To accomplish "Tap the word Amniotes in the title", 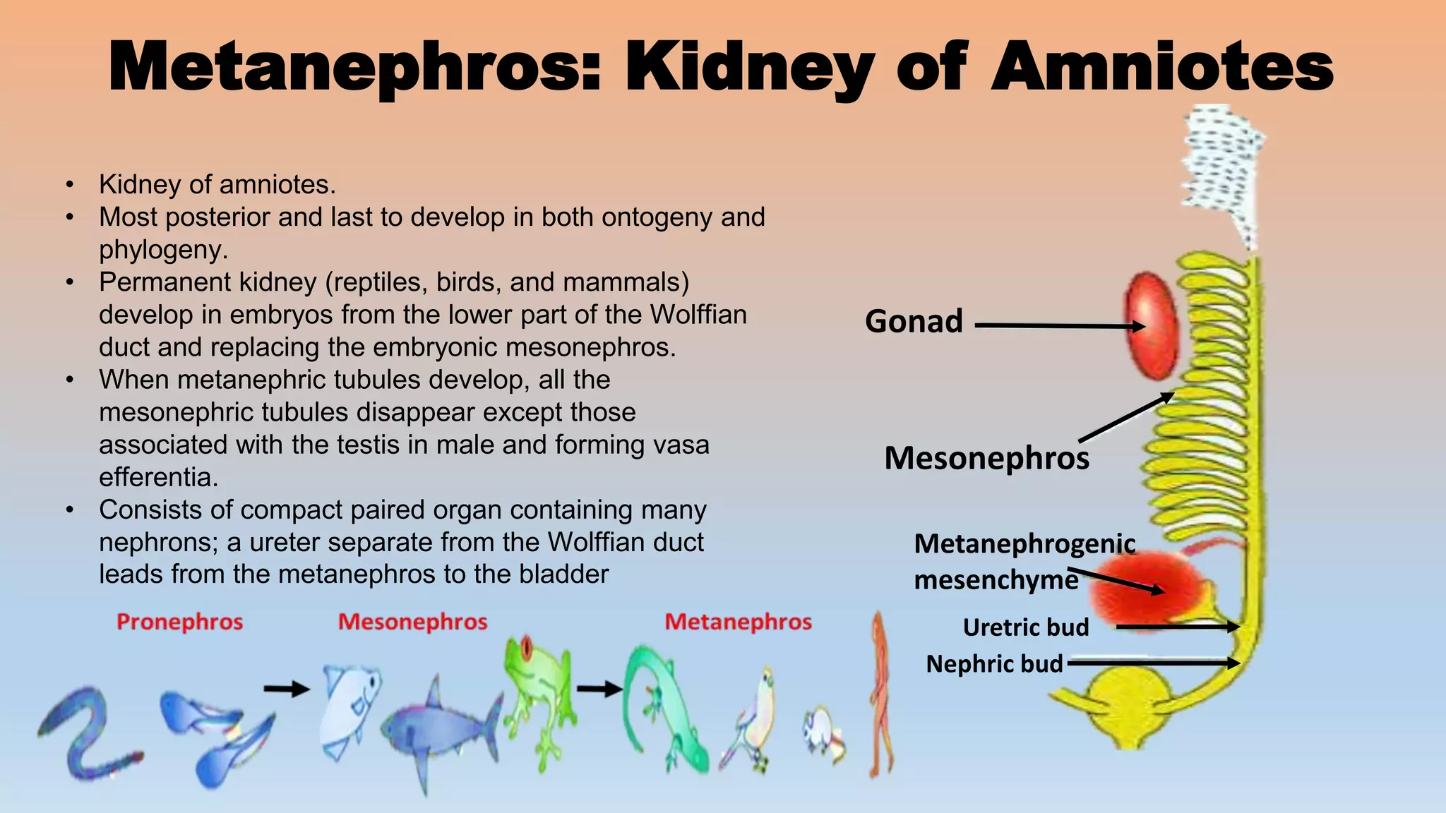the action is click(x=1162, y=67).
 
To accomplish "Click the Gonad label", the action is click(x=914, y=322).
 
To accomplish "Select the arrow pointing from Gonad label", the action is click(x=1059, y=326).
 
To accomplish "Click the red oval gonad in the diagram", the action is click(x=1152, y=325).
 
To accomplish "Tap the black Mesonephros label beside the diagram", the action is click(x=986, y=458).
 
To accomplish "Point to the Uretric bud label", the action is click(x=1025, y=627).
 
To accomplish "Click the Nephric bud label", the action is click(x=994, y=664).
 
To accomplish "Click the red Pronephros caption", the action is click(x=179, y=622).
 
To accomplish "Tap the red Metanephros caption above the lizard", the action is click(x=738, y=622).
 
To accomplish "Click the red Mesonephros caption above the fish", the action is click(x=412, y=622).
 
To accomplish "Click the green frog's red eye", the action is click(x=526, y=648).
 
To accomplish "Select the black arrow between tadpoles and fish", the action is click(x=287, y=689).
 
